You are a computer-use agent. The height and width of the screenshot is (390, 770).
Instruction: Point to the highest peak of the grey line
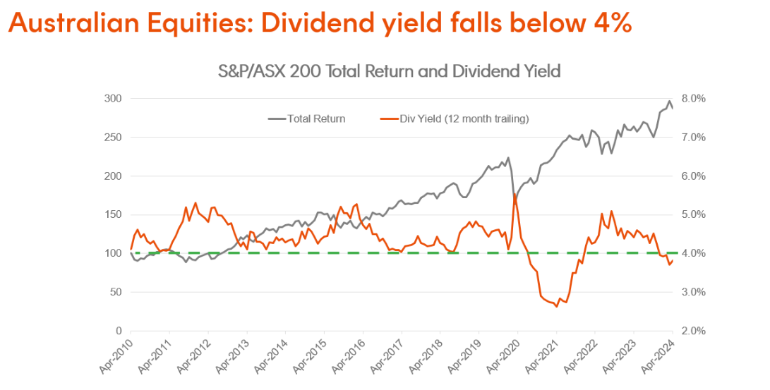tap(669, 101)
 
